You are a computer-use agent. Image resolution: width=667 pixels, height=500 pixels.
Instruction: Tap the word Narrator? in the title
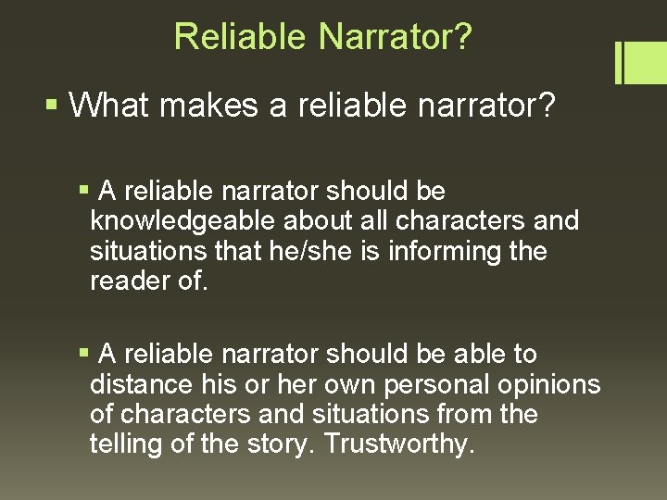396,37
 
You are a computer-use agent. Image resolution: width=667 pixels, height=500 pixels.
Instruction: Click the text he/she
314,251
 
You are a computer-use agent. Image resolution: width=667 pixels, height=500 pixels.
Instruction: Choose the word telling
126,444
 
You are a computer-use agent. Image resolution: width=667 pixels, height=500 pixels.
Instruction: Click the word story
276,444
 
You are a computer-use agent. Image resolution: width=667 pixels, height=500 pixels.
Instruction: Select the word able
486,354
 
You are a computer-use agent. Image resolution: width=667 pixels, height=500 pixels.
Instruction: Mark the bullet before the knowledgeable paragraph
84,191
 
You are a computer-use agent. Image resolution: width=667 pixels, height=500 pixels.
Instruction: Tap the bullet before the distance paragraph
84,353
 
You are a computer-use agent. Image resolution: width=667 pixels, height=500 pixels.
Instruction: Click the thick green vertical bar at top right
618,62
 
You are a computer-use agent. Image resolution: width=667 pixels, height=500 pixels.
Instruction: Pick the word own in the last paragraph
331,384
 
